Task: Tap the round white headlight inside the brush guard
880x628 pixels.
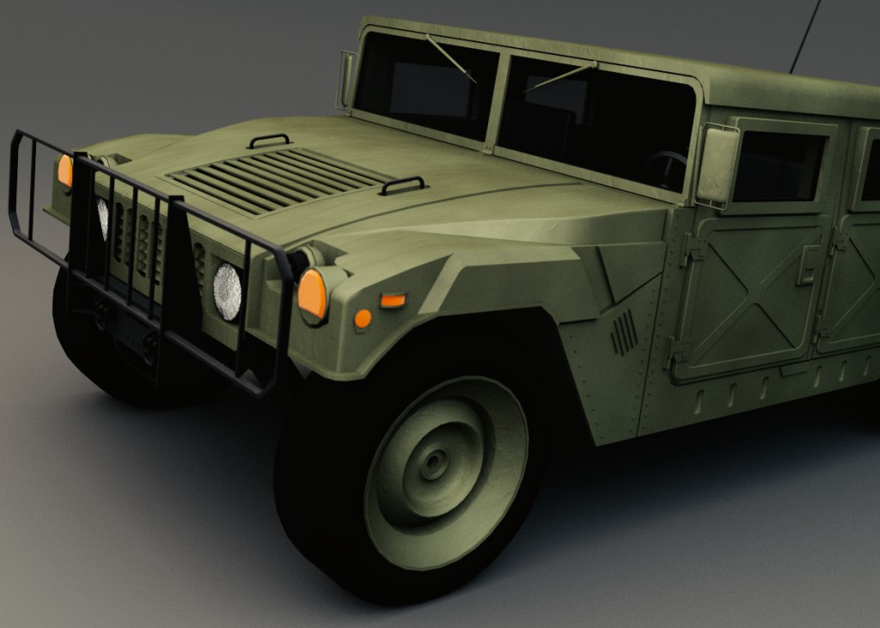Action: click(228, 292)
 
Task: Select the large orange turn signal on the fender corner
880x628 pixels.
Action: click(313, 294)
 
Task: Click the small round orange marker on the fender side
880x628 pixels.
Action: click(363, 319)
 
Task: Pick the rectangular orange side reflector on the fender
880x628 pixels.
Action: click(393, 300)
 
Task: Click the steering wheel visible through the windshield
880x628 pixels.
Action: click(666, 168)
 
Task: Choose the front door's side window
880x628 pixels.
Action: click(778, 165)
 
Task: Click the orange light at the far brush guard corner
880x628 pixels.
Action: click(65, 170)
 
